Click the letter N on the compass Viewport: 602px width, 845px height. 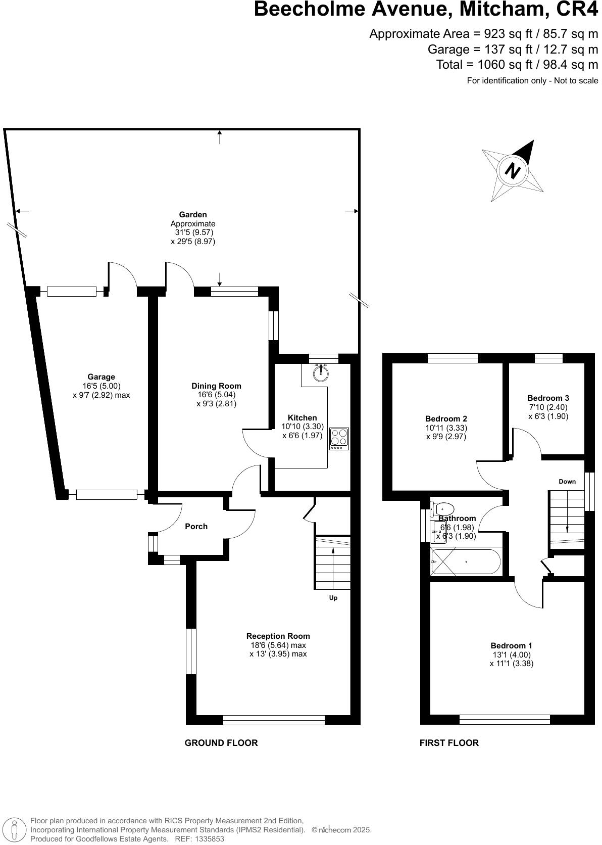(x=513, y=170)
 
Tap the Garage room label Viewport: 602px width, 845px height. (x=101, y=377)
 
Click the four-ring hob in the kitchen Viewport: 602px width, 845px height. (x=339, y=438)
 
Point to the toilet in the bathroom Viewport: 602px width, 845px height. (x=443, y=508)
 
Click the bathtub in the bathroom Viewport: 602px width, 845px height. (x=465, y=562)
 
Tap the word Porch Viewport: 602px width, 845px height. (x=196, y=526)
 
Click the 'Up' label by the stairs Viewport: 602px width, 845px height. (x=333, y=598)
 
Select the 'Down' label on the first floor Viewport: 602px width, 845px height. (x=567, y=481)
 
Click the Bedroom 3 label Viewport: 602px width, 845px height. (x=548, y=398)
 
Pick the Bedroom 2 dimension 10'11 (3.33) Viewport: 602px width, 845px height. (x=446, y=428)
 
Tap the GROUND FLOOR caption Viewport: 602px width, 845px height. (x=221, y=742)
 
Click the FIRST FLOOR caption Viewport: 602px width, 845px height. (x=449, y=742)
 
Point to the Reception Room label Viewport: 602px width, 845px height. (x=278, y=636)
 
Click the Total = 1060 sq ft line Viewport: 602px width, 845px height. (x=517, y=65)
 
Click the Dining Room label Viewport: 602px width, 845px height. (x=216, y=386)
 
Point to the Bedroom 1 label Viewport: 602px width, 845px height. (x=511, y=645)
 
